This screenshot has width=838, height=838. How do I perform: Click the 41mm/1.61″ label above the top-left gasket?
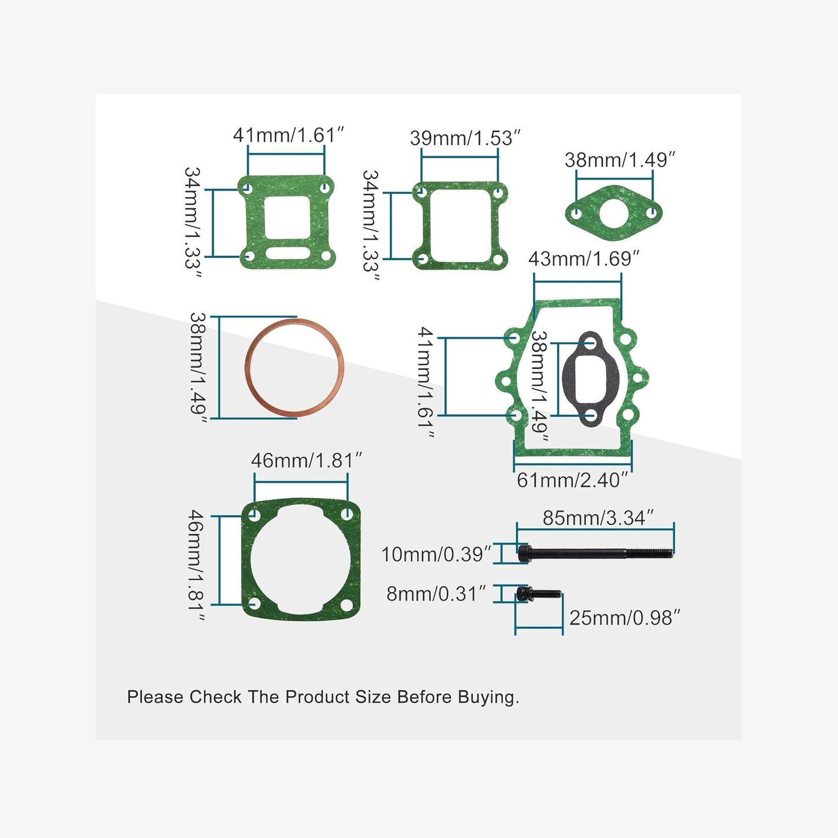tap(288, 135)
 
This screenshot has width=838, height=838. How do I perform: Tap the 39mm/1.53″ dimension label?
tap(465, 138)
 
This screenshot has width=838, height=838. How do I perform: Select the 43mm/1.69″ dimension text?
tap(583, 259)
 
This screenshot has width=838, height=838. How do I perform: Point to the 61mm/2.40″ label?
tap(572, 480)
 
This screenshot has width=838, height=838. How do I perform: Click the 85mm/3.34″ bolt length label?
tap(597, 517)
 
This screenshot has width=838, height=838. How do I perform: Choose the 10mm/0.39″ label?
tap(436, 554)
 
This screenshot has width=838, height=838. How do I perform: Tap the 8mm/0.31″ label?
tap(436, 594)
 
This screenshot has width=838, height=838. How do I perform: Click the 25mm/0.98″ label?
tap(624, 618)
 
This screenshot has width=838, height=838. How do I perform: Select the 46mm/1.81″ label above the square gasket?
tap(306, 460)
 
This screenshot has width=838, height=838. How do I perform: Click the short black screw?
tap(539, 593)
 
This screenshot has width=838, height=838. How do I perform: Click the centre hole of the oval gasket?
tap(612, 213)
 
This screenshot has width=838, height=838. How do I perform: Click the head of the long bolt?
tap(524, 553)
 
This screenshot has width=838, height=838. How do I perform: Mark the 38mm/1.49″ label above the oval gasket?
tap(620, 160)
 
